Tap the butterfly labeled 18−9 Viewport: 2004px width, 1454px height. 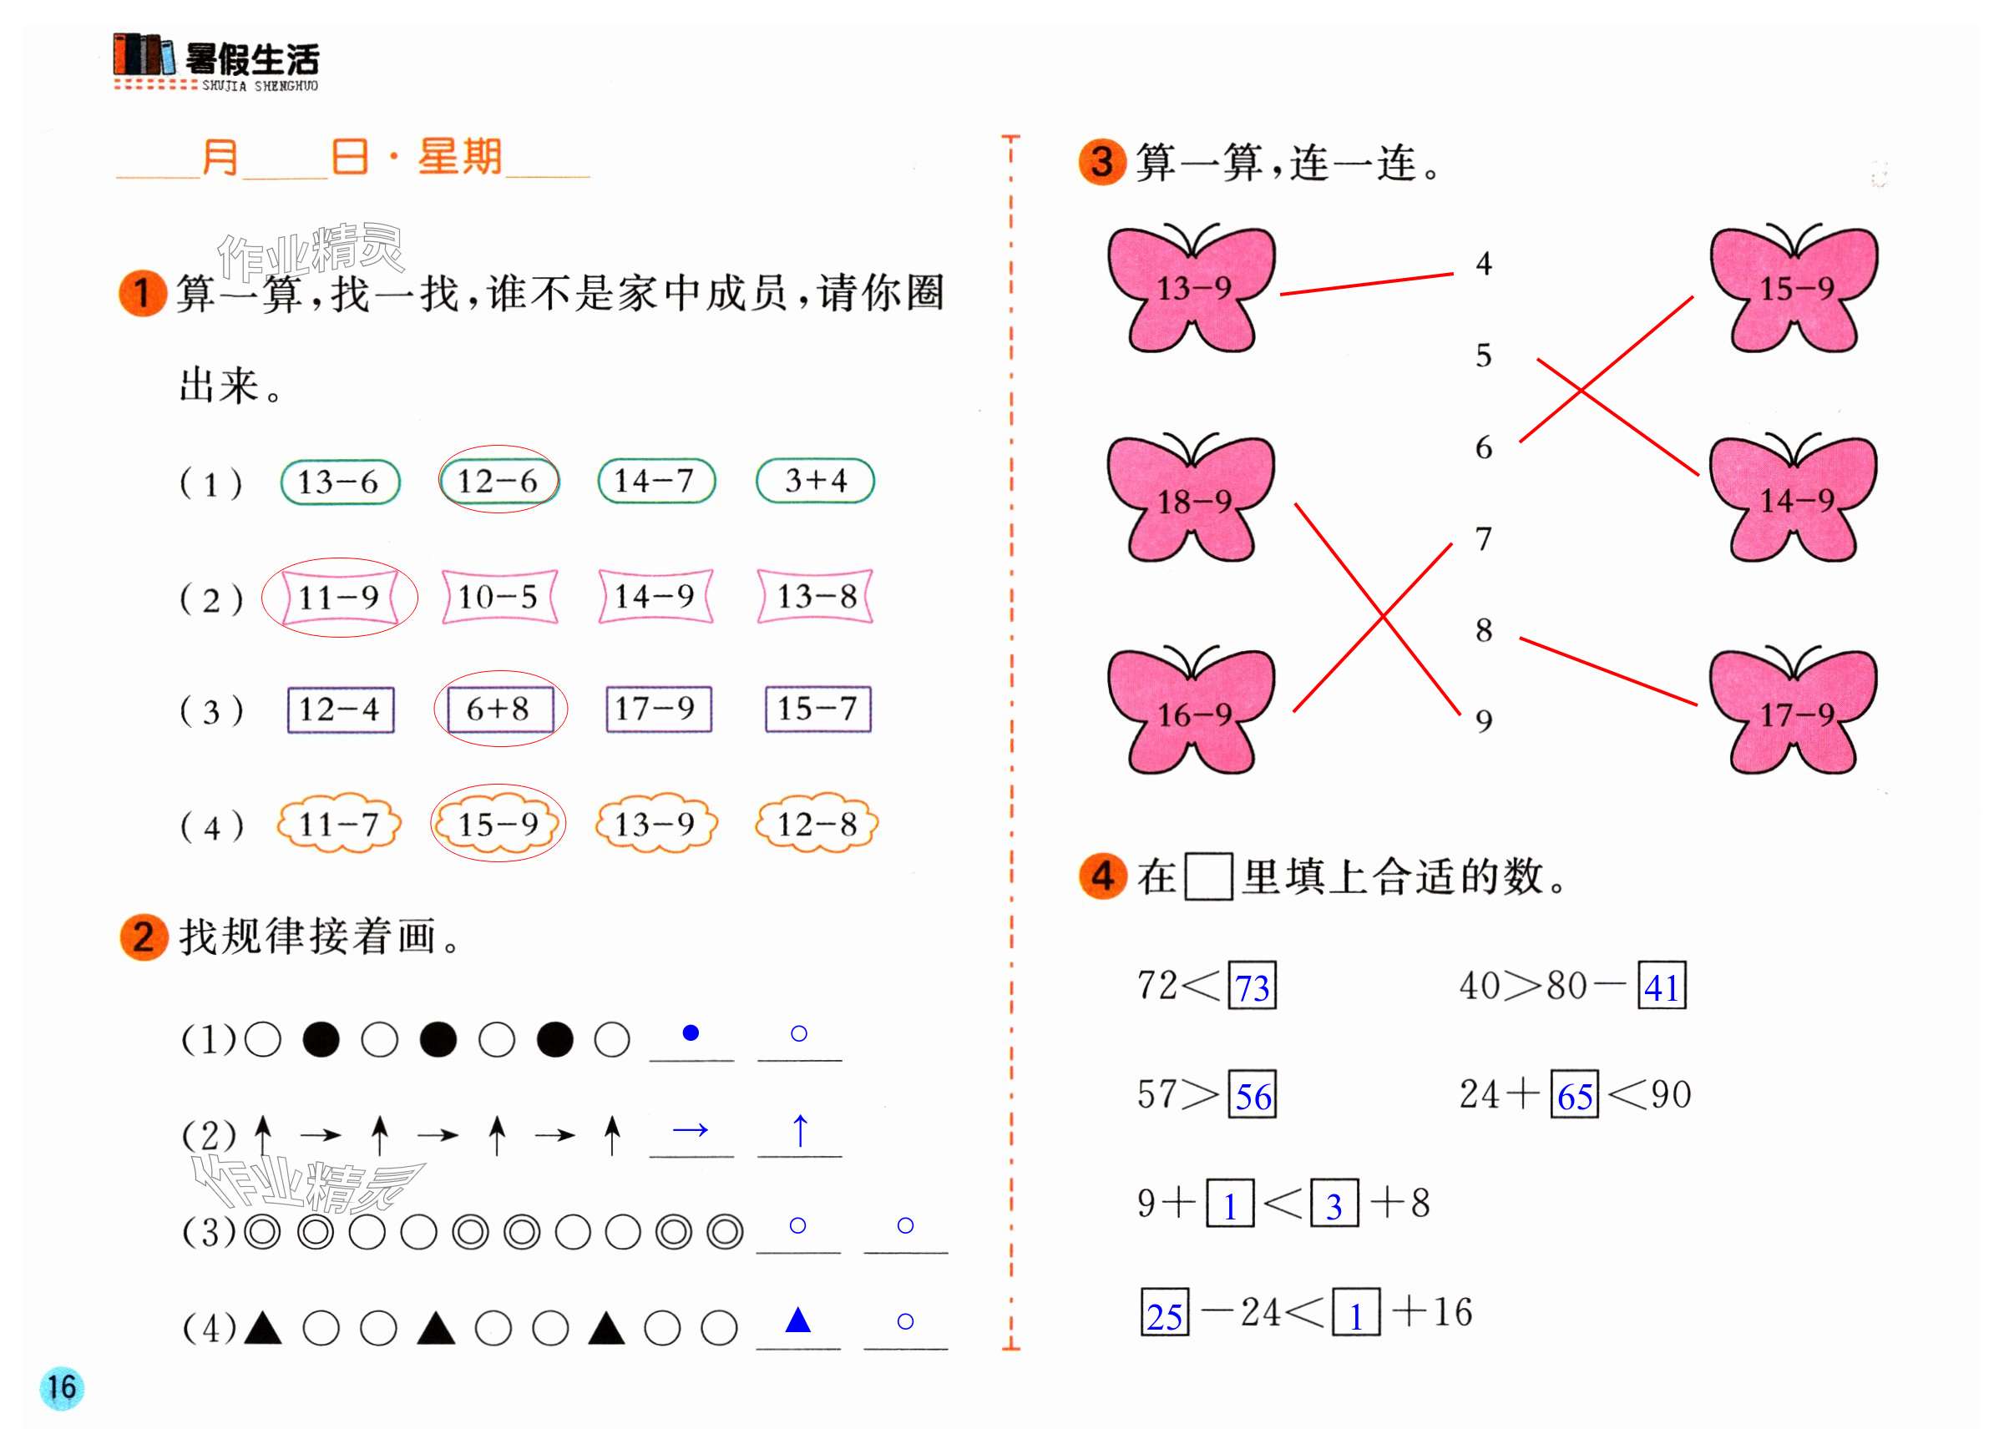(1192, 500)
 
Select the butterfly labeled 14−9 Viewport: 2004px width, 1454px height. (1794, 500)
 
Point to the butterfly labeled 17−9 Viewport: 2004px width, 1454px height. (1794, 713)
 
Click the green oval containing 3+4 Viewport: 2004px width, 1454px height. (815, 482)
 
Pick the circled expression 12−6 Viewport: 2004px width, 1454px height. (498, 482)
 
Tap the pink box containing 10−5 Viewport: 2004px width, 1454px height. (499, 597)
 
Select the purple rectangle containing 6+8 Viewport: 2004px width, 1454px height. (499, 709)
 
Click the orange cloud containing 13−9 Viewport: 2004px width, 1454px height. (655, 824)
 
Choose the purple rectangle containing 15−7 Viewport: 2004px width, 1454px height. (817, 709)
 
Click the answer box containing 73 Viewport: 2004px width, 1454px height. (1252, 986)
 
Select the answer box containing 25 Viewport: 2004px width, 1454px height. (1165, 1315)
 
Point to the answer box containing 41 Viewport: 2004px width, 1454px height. (1661, 986)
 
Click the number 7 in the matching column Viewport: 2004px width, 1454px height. (1484, 539)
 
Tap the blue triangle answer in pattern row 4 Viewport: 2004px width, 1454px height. (798, 1320)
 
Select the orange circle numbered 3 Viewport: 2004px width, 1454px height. (1102, 163)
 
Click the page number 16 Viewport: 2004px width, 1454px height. (62, 1388)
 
